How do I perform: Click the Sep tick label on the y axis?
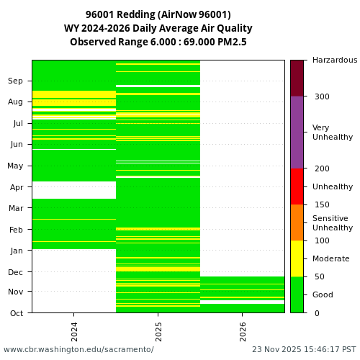(x=16, y=81)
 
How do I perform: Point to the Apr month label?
(x=16, y=186)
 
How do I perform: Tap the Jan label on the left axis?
(x=16, y=251)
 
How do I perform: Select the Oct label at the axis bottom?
(x=16, y=313)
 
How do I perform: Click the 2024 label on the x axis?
(x=74, y=330)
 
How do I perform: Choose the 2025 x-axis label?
(x=158, y=330)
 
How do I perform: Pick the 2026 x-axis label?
(x=242, y=330)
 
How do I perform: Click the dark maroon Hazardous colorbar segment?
(x=297, y=78)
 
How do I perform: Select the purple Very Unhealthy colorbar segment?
(x=297, y=132)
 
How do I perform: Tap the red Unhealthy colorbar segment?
(x=297, y=186)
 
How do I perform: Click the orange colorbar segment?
(x=297, y=222)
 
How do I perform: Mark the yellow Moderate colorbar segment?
(x=297, y=258)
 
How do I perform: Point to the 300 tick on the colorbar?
(x=321, y=96)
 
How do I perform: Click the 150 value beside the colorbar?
(x=321, y=204)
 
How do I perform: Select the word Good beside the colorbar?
(x=323, y=294)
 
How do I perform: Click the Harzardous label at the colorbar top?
(x=335, y=60)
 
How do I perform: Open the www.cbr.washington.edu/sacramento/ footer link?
(x=78, y=349)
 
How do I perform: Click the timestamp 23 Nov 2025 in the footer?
(x=278, y=349)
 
